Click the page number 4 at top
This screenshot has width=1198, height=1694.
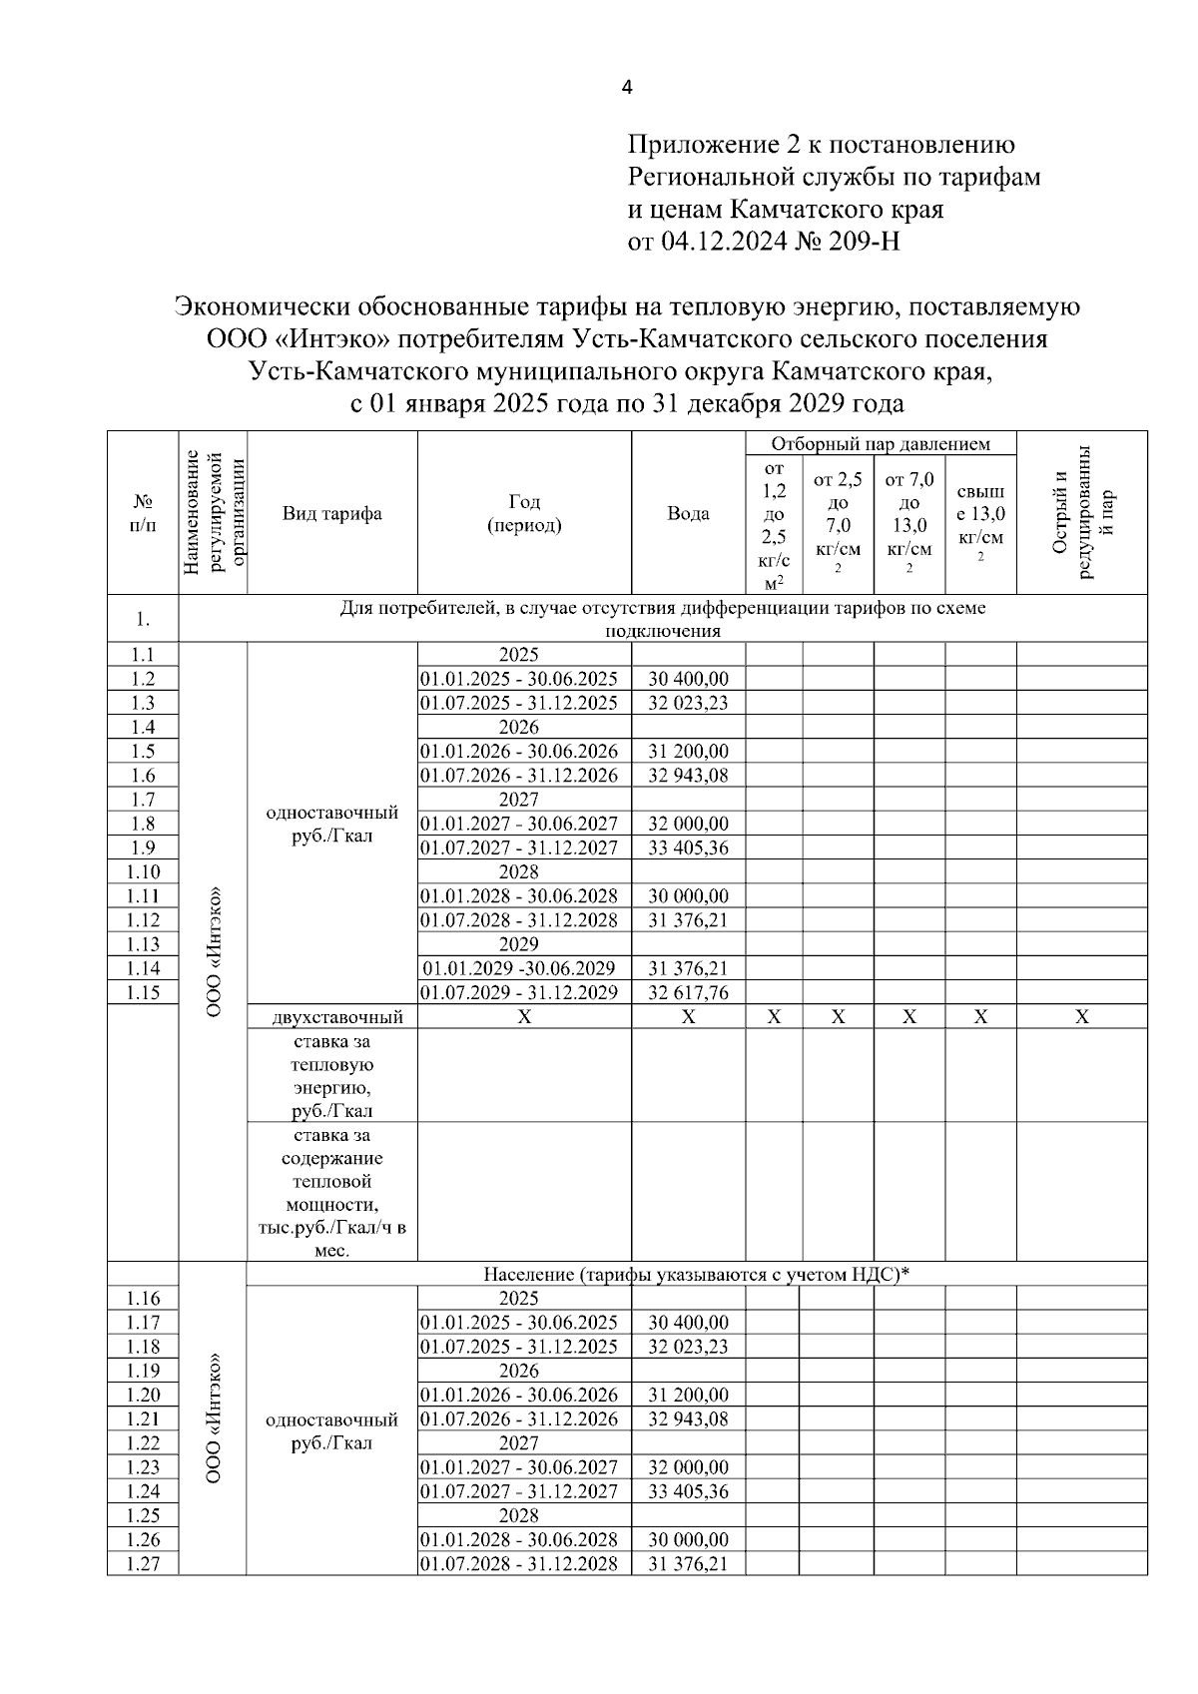tap(626, 88)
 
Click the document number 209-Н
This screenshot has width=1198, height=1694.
tap(859, 243)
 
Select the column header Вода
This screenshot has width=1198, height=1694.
tap(688, 514)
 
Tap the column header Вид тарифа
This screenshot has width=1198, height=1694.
tap(331, 514)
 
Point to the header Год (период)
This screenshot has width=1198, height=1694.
tap(524, 514)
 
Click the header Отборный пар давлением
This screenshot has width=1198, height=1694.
tap(880, 444)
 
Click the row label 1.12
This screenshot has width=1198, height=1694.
tap(143, 920)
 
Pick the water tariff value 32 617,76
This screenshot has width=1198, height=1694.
tap(688, 993)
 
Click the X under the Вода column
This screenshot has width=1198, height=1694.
tap(688, 1017)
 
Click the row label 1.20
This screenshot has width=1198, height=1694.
tap(143, 1396)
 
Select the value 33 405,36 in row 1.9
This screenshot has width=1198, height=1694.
tap(688, 848)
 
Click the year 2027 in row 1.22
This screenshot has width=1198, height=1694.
tap(518, 1443)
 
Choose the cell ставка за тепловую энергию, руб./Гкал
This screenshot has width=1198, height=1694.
tap(331, 1076)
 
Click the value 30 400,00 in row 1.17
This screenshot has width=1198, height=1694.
tap(688, 1323)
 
